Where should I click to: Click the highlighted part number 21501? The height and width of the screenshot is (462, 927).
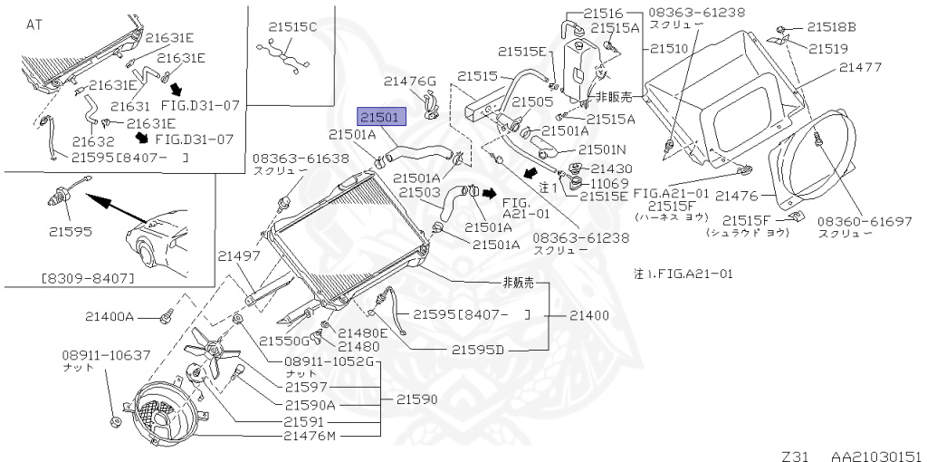382,117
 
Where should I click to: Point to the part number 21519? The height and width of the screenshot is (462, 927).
827,48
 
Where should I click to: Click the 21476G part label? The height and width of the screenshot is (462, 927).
409,82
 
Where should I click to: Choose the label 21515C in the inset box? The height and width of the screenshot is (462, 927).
292,26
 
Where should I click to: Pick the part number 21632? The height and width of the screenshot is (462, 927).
92,142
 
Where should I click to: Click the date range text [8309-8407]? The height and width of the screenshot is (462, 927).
88,277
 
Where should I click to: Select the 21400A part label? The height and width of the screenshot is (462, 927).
110,317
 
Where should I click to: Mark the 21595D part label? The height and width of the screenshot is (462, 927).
478,349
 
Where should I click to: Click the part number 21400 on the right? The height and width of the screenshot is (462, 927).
589,315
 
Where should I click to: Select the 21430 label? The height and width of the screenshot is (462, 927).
612,168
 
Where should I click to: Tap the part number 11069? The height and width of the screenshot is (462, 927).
612,183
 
